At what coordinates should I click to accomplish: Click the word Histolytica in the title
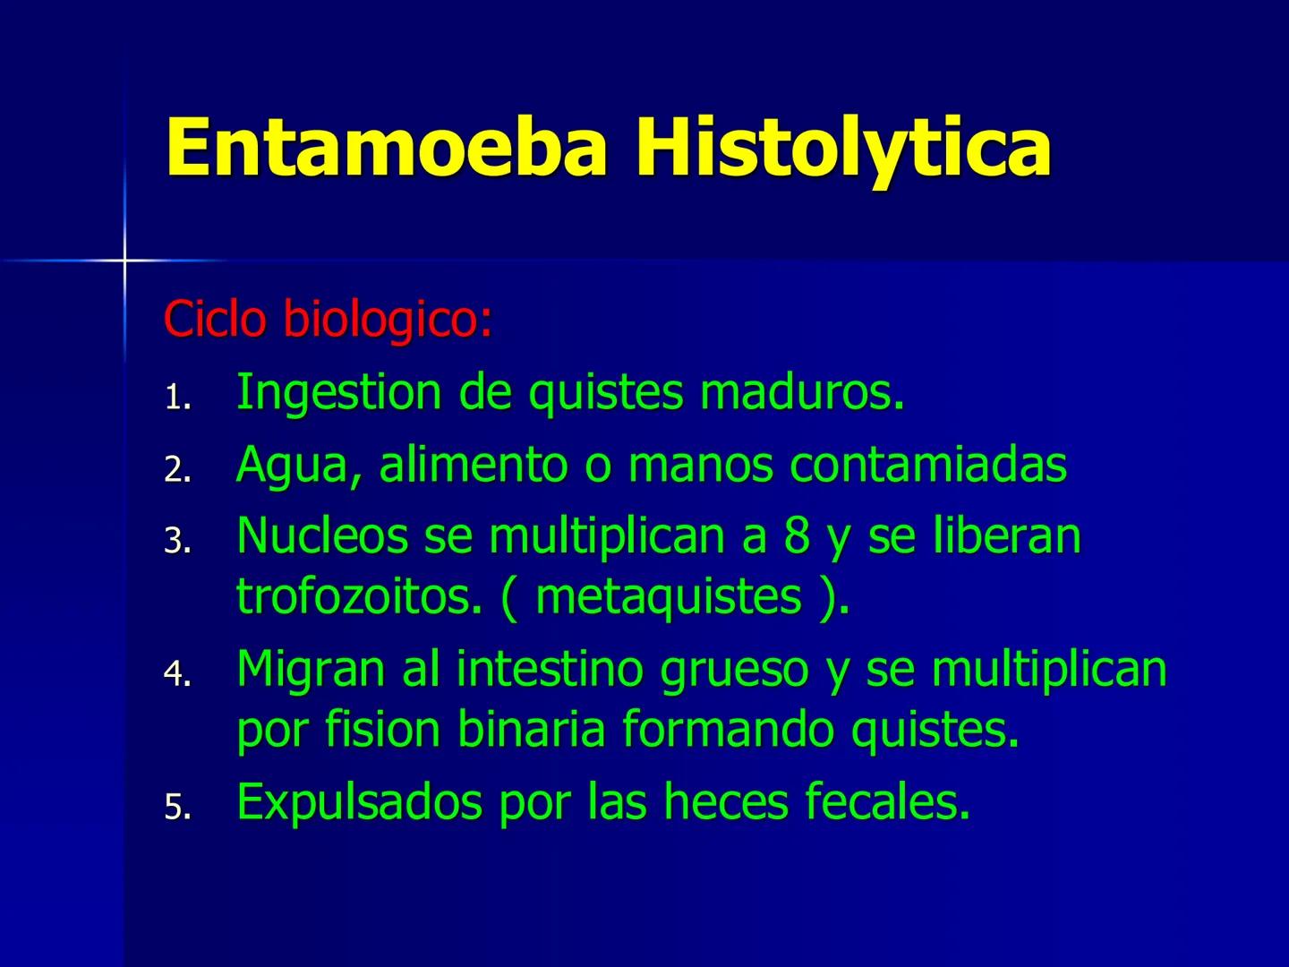pyautogui.click(x=843, y=148)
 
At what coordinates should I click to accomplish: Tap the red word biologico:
pyautogui.click(x=388, y=321)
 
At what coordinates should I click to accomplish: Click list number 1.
pyautogui.click(x=176, y=398)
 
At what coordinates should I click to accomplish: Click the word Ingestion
pyautogui.click(x=339, y=393)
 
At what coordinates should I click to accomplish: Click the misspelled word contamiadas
pyautogui.click(x=928, y=465)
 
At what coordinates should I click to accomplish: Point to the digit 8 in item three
pyautogui.click(x=797, y=536)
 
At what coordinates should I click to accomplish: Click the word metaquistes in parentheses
pyautogui.click(x=668, y=597)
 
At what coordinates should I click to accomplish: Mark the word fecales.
pyautogui.click(x=887, y=801)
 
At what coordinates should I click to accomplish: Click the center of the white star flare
pyautogui.click(x=124, y=260)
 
